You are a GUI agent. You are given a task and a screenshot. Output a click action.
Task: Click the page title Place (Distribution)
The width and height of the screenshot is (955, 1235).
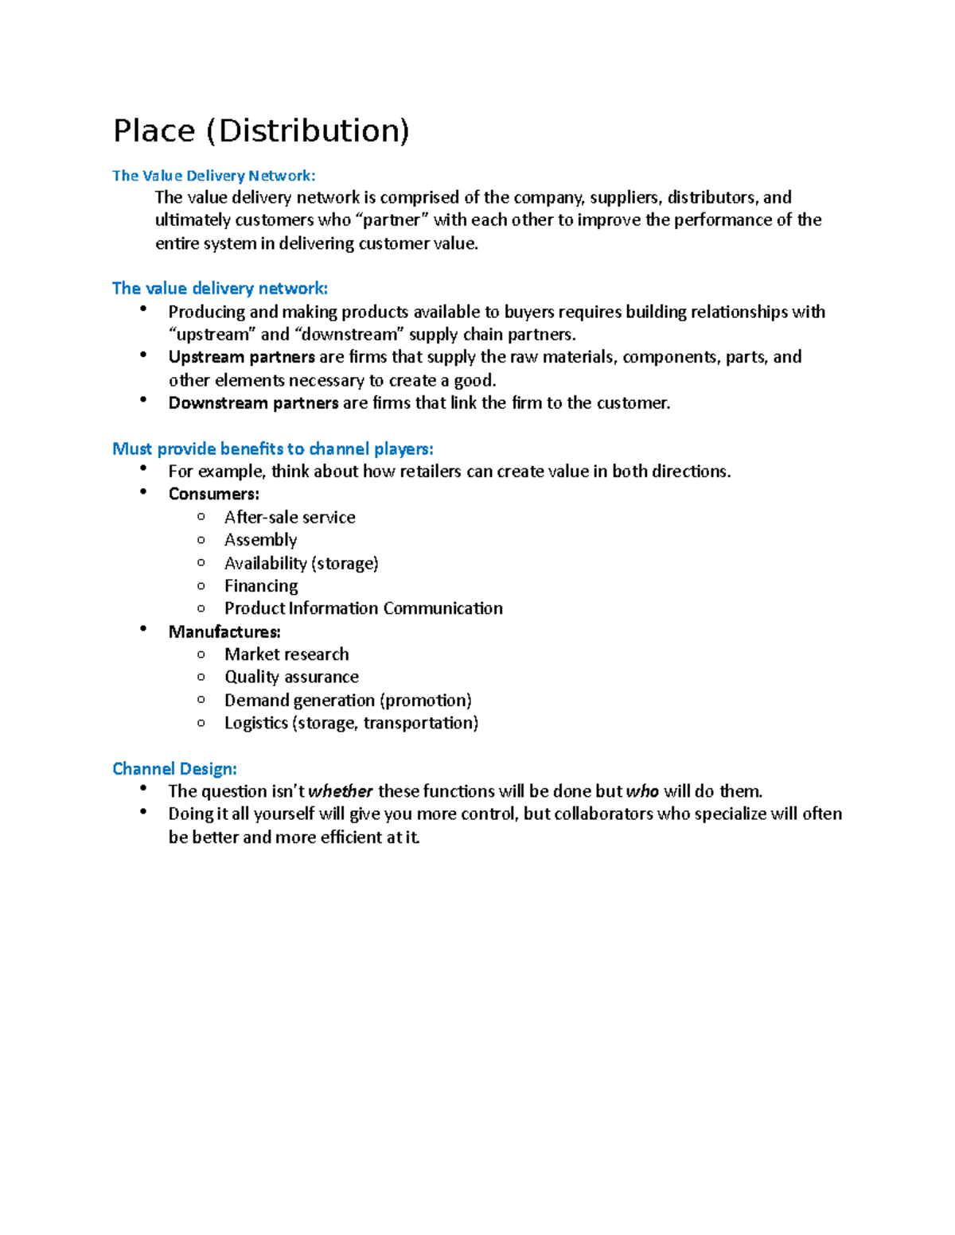coord(261,131)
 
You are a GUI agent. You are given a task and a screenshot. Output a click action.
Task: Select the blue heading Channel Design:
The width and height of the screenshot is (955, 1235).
coord(174,768)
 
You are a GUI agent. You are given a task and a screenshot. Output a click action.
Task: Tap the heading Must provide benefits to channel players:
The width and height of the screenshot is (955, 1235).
coord(272,449)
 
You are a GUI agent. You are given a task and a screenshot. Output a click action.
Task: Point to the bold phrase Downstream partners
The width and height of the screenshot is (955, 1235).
coord(253,403)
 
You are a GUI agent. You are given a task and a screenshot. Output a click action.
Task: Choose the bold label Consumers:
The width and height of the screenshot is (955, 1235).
coord(213,494)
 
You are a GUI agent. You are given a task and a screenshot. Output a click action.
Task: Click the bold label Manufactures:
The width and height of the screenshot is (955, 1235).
coord(224,631)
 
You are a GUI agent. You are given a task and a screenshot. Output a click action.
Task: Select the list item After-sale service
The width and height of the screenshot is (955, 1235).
coord(290,517)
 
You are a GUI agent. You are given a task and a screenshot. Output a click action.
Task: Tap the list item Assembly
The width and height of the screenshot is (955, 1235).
coord(260,540)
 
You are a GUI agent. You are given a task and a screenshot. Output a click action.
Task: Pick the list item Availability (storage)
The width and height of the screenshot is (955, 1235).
coord(301,563)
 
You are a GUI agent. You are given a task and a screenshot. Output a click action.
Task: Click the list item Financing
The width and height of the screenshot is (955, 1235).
coord(261,586)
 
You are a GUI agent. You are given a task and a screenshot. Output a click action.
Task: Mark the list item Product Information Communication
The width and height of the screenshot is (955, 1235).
coord(363,608)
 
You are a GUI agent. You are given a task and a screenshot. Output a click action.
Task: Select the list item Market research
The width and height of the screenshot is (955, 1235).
coord(286,654)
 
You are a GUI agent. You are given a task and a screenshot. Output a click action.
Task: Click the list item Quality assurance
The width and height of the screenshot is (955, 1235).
coord(291,677)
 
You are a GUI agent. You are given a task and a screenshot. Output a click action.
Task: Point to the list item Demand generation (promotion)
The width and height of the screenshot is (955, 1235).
coord(348,700)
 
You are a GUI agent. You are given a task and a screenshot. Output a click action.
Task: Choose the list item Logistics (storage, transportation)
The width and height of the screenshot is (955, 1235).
coord(351,723)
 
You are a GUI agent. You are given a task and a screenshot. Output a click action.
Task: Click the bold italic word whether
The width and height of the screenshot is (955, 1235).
coord(341,791)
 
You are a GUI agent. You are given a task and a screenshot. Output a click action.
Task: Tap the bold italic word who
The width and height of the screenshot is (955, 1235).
coord(642,791)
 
